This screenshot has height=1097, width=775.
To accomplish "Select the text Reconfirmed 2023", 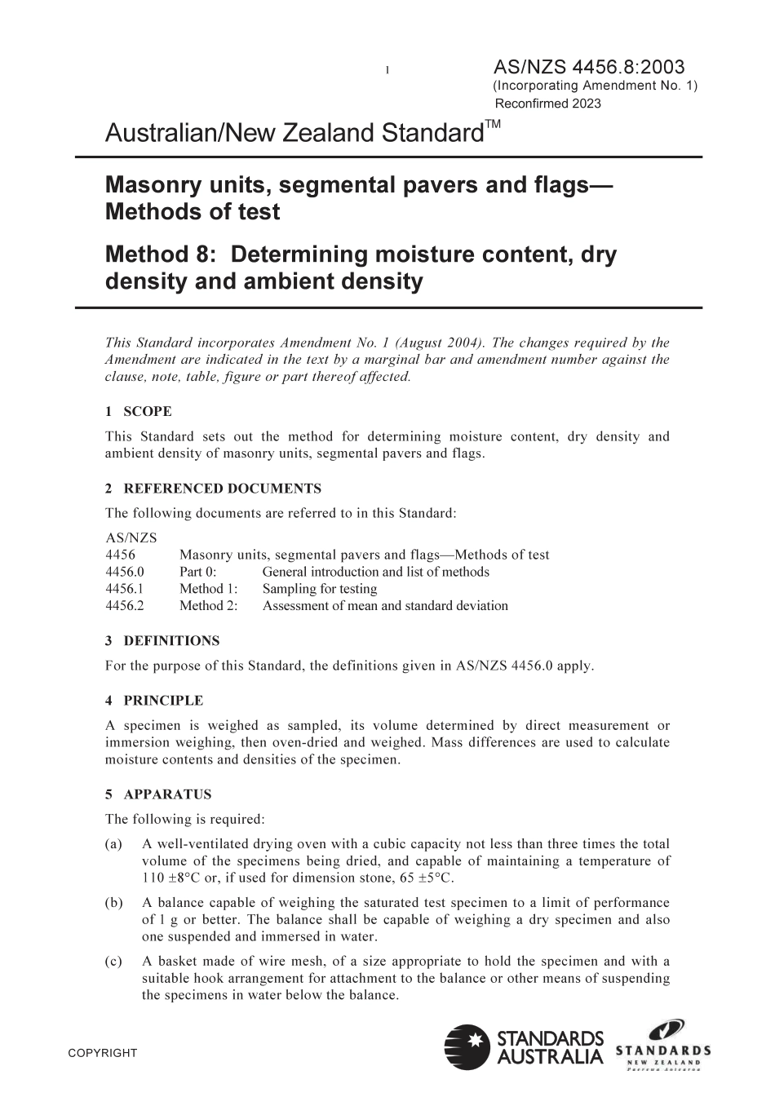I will click(x=548, y=104).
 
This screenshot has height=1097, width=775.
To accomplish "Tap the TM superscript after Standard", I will click(x=494, y=124).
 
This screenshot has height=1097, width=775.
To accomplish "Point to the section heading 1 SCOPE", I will click(x=139, y=412).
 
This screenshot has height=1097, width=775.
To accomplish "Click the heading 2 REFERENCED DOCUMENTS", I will click(x=213, y=489).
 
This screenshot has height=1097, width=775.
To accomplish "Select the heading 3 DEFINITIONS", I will click(x=162, y=641).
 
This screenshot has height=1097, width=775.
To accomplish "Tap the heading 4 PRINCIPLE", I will click(x=154, y=701).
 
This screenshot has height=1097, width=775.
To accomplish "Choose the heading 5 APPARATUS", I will click(x=158, y=794).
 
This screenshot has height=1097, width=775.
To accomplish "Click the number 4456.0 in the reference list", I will click(x=125, y=572).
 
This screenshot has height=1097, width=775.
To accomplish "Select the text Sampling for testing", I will click(x=320, y=589).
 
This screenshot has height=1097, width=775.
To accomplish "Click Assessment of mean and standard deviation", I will click(x=385, y=606).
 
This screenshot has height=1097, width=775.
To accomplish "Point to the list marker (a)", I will click(x=114, y=844).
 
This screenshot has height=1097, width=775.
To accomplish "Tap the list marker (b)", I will click(x=114, y=903).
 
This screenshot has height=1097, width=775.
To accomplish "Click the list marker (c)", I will click(x=114, y=962).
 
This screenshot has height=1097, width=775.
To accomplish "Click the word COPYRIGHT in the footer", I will click(x=103, y=1053).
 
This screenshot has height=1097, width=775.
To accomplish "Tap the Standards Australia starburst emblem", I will click(x=467, y=1047).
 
